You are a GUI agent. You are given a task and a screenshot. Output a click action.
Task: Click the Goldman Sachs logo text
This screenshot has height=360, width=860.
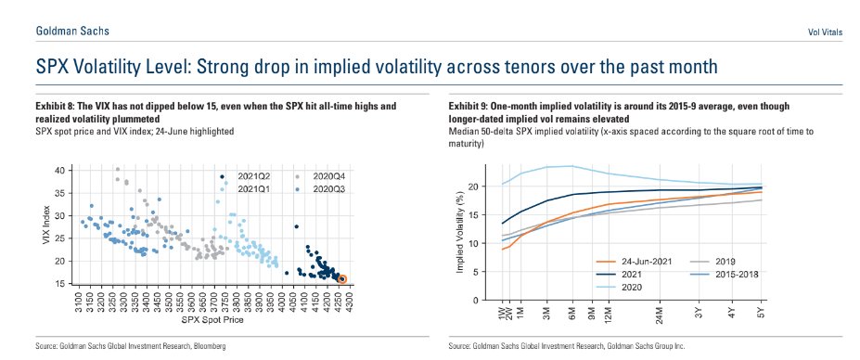(72, 32)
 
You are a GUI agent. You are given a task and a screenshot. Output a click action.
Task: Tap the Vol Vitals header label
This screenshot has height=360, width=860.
(826, 32)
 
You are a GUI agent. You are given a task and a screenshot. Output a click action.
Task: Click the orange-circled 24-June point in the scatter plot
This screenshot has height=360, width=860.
(342, 279)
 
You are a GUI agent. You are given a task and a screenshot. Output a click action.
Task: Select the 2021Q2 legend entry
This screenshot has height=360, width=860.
(239, 176)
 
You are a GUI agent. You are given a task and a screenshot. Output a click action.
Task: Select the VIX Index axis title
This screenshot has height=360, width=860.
(46, 226)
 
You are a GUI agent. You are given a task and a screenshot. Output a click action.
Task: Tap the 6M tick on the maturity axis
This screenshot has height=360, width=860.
(572, 310)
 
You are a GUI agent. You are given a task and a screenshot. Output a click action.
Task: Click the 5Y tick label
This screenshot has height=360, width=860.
(763, 310)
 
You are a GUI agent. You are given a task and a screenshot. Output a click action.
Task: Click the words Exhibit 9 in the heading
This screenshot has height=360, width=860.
(465, 106)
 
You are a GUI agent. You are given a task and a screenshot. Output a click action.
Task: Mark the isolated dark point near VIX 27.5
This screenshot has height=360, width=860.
(297, 226)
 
